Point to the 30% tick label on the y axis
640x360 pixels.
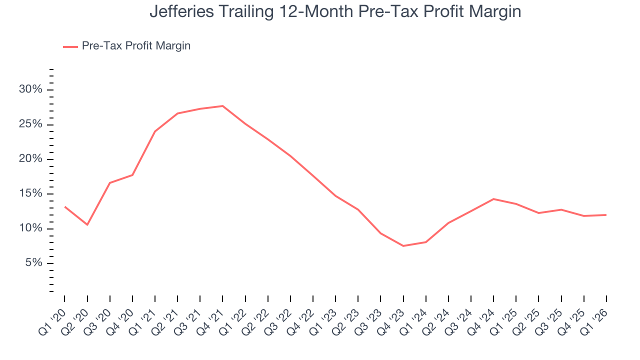(x=31, y=89)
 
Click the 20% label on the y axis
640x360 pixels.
(x=31, y=159)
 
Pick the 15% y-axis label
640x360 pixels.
(x=31, y=194)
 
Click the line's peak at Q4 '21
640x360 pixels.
(x=222, y=106)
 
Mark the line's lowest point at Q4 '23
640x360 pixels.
(x=403, y=246)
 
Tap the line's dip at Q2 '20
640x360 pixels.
(x=87, y=224)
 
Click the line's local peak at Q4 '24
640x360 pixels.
(x=493, y=199)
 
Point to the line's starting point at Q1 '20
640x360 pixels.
(x=64, y=206)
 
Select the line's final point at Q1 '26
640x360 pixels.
(x=606, y=215)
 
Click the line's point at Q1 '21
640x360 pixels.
(x=155, y=131)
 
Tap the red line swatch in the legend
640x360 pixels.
(x=70, y=46)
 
